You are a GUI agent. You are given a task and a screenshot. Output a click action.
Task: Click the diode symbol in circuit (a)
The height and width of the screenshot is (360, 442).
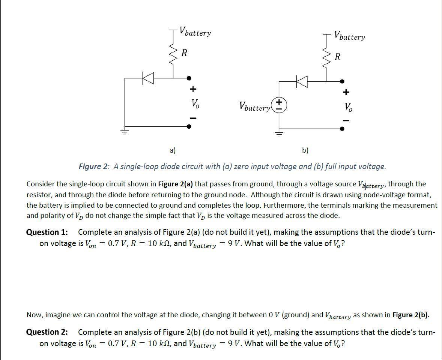coord(148,78)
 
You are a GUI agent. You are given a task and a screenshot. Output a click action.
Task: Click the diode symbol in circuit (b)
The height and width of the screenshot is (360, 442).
coord(302,81)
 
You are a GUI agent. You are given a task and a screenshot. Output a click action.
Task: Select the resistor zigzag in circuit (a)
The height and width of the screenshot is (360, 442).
coord(173,54)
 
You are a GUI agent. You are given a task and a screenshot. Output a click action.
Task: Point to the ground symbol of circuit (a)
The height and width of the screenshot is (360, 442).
coord(125,131)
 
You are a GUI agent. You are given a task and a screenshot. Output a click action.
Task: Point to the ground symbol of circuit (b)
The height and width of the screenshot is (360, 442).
coord(278,133)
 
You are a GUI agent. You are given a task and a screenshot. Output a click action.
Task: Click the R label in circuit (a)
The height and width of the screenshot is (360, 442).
coord(184,53)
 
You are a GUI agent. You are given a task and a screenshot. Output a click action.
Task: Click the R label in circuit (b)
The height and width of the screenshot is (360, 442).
coord(337,57)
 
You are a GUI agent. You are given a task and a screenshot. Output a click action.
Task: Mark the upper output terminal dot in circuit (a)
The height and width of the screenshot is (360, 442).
coord(189,78)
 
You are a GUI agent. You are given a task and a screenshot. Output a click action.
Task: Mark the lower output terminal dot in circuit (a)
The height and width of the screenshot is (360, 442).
coord(189,126)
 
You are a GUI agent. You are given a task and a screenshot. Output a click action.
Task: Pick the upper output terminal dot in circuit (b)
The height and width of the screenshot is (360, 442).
coord(342,81)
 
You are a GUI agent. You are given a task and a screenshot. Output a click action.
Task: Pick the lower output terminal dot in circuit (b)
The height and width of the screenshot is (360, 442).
coord(342,129)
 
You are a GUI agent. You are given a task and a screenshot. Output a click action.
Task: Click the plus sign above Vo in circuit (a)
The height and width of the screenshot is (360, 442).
coord(192,89)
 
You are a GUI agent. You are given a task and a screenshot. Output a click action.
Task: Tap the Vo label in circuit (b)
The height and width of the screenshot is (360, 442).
coord(348,106)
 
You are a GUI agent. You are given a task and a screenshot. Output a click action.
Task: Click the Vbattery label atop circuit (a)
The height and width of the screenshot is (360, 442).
coord(195,31)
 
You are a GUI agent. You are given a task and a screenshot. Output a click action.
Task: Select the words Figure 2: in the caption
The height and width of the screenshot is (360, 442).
coord(94,166)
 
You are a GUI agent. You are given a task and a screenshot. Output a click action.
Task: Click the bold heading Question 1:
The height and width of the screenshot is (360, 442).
coord(47,232)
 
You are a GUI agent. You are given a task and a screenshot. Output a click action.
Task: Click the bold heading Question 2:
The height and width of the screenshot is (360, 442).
coord(47,332)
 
